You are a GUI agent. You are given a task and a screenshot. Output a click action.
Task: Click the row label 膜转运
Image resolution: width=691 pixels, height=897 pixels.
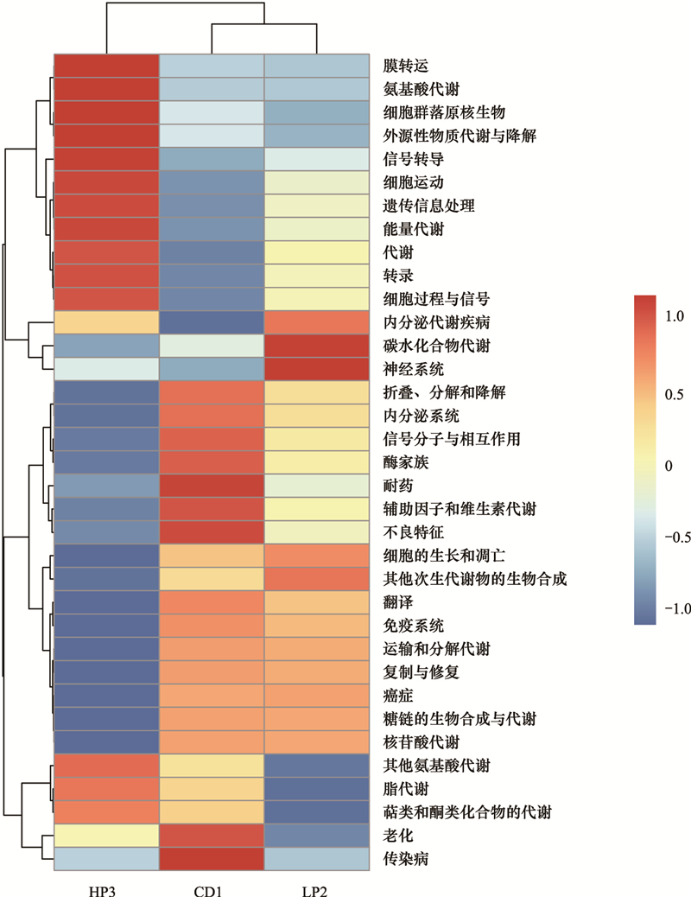(x=406, y=67)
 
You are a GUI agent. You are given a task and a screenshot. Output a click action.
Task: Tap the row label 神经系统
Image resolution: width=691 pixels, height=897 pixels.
(x=414, y=369)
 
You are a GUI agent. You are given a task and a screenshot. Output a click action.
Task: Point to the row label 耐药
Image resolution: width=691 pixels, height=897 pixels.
(x=398, y=486)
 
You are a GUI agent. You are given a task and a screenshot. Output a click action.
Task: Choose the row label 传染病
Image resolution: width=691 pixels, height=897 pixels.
(x=406, y=859)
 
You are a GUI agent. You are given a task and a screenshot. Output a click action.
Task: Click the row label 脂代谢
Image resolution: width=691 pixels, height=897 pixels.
(x=406, y=789)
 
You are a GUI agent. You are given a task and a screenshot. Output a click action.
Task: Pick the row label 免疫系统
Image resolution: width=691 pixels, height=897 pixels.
(x=414, y=626)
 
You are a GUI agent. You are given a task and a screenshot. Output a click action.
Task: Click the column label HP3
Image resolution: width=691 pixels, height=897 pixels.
(x=103, y=891)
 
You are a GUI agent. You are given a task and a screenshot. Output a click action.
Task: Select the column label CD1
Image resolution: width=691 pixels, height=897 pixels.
(x=207, y=891)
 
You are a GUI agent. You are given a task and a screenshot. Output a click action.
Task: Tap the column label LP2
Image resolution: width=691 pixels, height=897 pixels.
(x=314, y=891)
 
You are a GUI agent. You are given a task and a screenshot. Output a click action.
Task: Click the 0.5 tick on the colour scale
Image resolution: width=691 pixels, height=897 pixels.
(x=674, y=395)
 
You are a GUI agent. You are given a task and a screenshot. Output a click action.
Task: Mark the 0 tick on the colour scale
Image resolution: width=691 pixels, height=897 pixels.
(x=669, y=467)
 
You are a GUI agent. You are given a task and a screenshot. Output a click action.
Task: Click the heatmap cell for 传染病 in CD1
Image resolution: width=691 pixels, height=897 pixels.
(x=212, y=859)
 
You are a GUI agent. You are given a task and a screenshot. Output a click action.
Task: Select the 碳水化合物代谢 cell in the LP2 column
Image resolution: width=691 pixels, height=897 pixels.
(x=317, y=346)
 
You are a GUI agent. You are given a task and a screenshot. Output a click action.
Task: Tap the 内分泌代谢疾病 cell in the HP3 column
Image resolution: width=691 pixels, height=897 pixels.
(x=106, y=322)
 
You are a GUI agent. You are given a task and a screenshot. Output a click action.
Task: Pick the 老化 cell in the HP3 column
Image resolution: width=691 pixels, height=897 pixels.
(x=106, y=836)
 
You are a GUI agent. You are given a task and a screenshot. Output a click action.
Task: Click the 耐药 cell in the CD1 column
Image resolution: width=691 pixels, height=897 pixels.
(x=212, y=486)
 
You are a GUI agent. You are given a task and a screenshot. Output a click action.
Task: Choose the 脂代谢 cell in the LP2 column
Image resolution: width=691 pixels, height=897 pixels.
(x=317, y=789)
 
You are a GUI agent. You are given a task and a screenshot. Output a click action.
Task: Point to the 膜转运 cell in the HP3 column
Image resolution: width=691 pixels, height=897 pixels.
(x=106, y=66)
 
